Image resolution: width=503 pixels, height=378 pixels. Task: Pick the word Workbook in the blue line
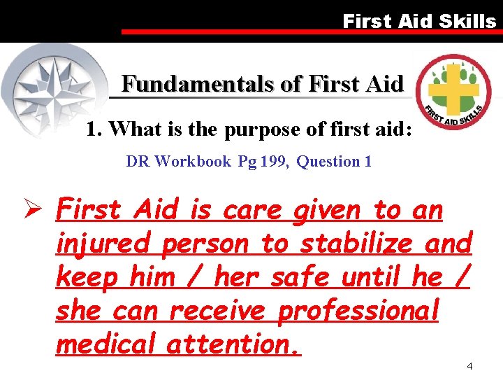coord(193,162)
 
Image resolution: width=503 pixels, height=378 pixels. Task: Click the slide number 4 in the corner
coord(469,366)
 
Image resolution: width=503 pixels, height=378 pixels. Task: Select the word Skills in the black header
coord(467,21)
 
